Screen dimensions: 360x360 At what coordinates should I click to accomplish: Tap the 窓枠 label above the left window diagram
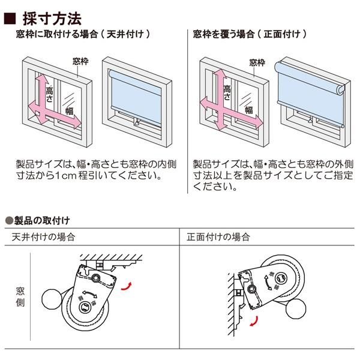[80, 61]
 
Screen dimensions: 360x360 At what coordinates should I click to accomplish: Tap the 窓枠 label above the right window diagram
[257, 61]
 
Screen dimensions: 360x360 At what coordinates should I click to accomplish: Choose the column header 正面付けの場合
[219, 237]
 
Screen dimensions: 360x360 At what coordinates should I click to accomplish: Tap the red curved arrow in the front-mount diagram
[254, 322]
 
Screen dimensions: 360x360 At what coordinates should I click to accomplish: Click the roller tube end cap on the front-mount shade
[340, 90]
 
